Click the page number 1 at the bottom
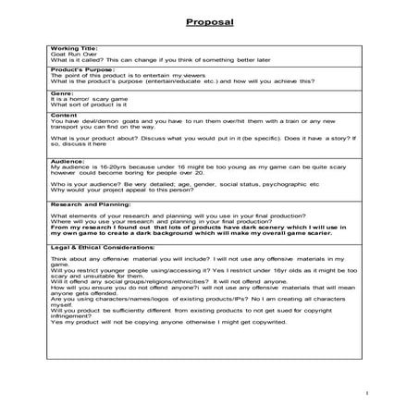point(366,392)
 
